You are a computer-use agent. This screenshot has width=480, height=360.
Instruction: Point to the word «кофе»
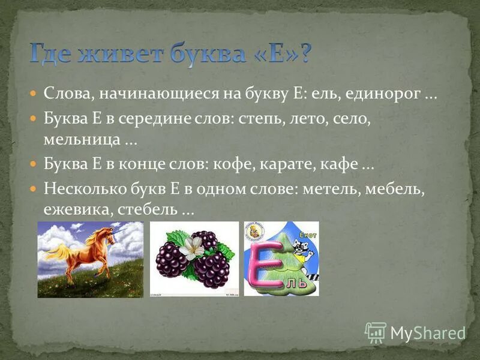(x=249, y=164)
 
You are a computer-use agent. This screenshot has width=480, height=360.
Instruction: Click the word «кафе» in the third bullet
(x=341, y=164)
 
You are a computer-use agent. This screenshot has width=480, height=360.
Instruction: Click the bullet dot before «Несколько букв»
(x=34, y=188)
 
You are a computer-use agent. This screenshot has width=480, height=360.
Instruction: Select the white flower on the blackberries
(x=191, y=246)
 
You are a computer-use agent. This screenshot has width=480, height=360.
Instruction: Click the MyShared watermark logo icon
(x=376, y=332)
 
